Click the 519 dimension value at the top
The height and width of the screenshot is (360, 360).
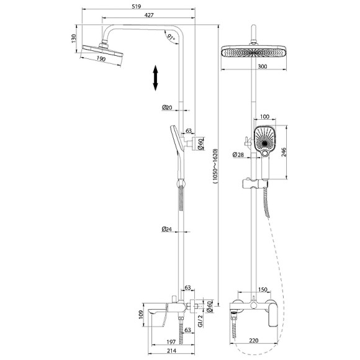click(x=137, y=6)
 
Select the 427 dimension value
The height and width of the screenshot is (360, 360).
click(x=149, y=15)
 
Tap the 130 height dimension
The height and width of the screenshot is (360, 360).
click(x=73, y=38)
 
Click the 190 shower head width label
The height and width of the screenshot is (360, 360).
click(x=101, y=58)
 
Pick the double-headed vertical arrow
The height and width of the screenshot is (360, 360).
click(x=155, y=78)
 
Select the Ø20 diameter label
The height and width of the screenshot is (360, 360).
click(x=167, y=107)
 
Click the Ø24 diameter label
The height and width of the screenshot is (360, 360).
click(x=167, y=228)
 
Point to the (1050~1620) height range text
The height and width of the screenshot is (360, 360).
click(x=215, y=166)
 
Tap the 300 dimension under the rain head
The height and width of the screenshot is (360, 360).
click(x=263, y=66)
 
